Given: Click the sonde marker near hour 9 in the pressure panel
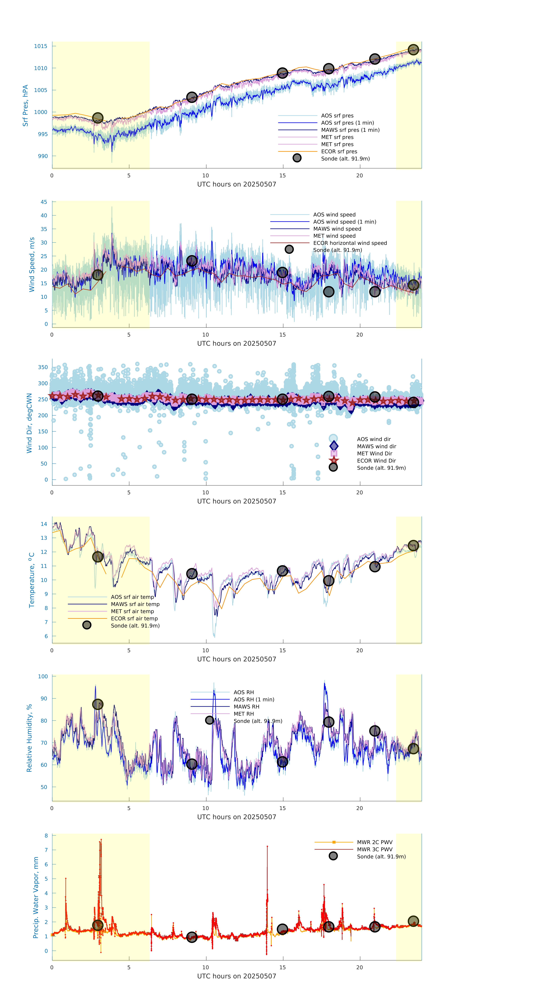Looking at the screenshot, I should click(192, 97).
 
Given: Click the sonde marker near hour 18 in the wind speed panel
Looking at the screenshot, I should click(329, 292).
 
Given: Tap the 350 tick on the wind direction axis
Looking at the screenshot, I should click(43, 367).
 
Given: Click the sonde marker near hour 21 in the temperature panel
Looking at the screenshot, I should click(375, 567).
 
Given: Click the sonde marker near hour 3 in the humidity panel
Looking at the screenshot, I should click(98, 704).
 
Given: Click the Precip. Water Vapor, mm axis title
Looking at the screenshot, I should click(36, 897).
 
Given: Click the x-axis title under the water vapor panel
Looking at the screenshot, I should click(237, 976).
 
